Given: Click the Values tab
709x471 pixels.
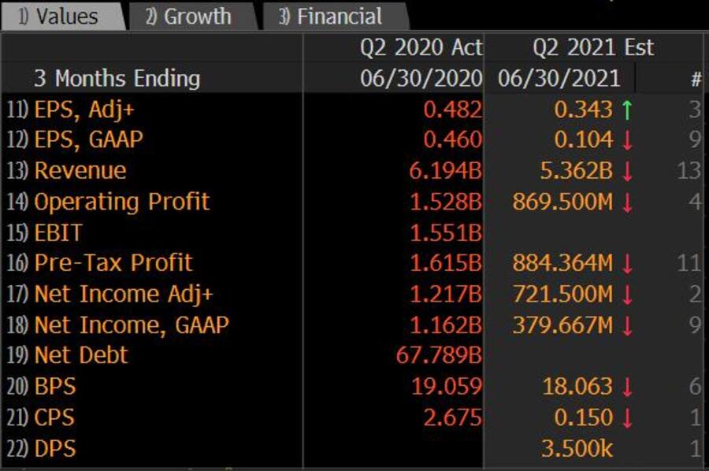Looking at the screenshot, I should (x=59, y=17).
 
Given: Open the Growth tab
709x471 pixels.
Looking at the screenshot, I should (x=189, y=17).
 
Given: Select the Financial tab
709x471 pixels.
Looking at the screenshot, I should (x=331, y=17).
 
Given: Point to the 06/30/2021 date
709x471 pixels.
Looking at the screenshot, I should (x=559, y=79).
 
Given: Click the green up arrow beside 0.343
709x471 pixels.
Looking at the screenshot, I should (x=627, y=109).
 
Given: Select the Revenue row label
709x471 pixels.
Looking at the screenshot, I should (x=80, y=171).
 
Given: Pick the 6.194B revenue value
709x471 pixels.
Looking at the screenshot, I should (x=446, y=171).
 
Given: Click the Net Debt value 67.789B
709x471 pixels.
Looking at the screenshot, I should (x=439, y=355).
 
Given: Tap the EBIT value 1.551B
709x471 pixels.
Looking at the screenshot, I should (x=446, y=232).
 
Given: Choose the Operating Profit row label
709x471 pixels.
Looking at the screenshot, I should (x=121, y=202).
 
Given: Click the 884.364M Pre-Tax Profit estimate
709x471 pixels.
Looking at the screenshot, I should (x=562, y=263).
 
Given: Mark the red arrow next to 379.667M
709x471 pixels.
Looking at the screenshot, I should (x=627, y=325).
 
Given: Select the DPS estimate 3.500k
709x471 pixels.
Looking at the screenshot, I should (x=577, y=448).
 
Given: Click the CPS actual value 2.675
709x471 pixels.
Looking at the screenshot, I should (x=452, y=417).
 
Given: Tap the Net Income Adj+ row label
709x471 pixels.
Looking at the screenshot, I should (x=124, y=294).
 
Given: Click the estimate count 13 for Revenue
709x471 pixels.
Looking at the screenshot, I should (x=689, y=171).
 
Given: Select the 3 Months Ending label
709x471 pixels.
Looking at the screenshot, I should (x=117, y=79).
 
